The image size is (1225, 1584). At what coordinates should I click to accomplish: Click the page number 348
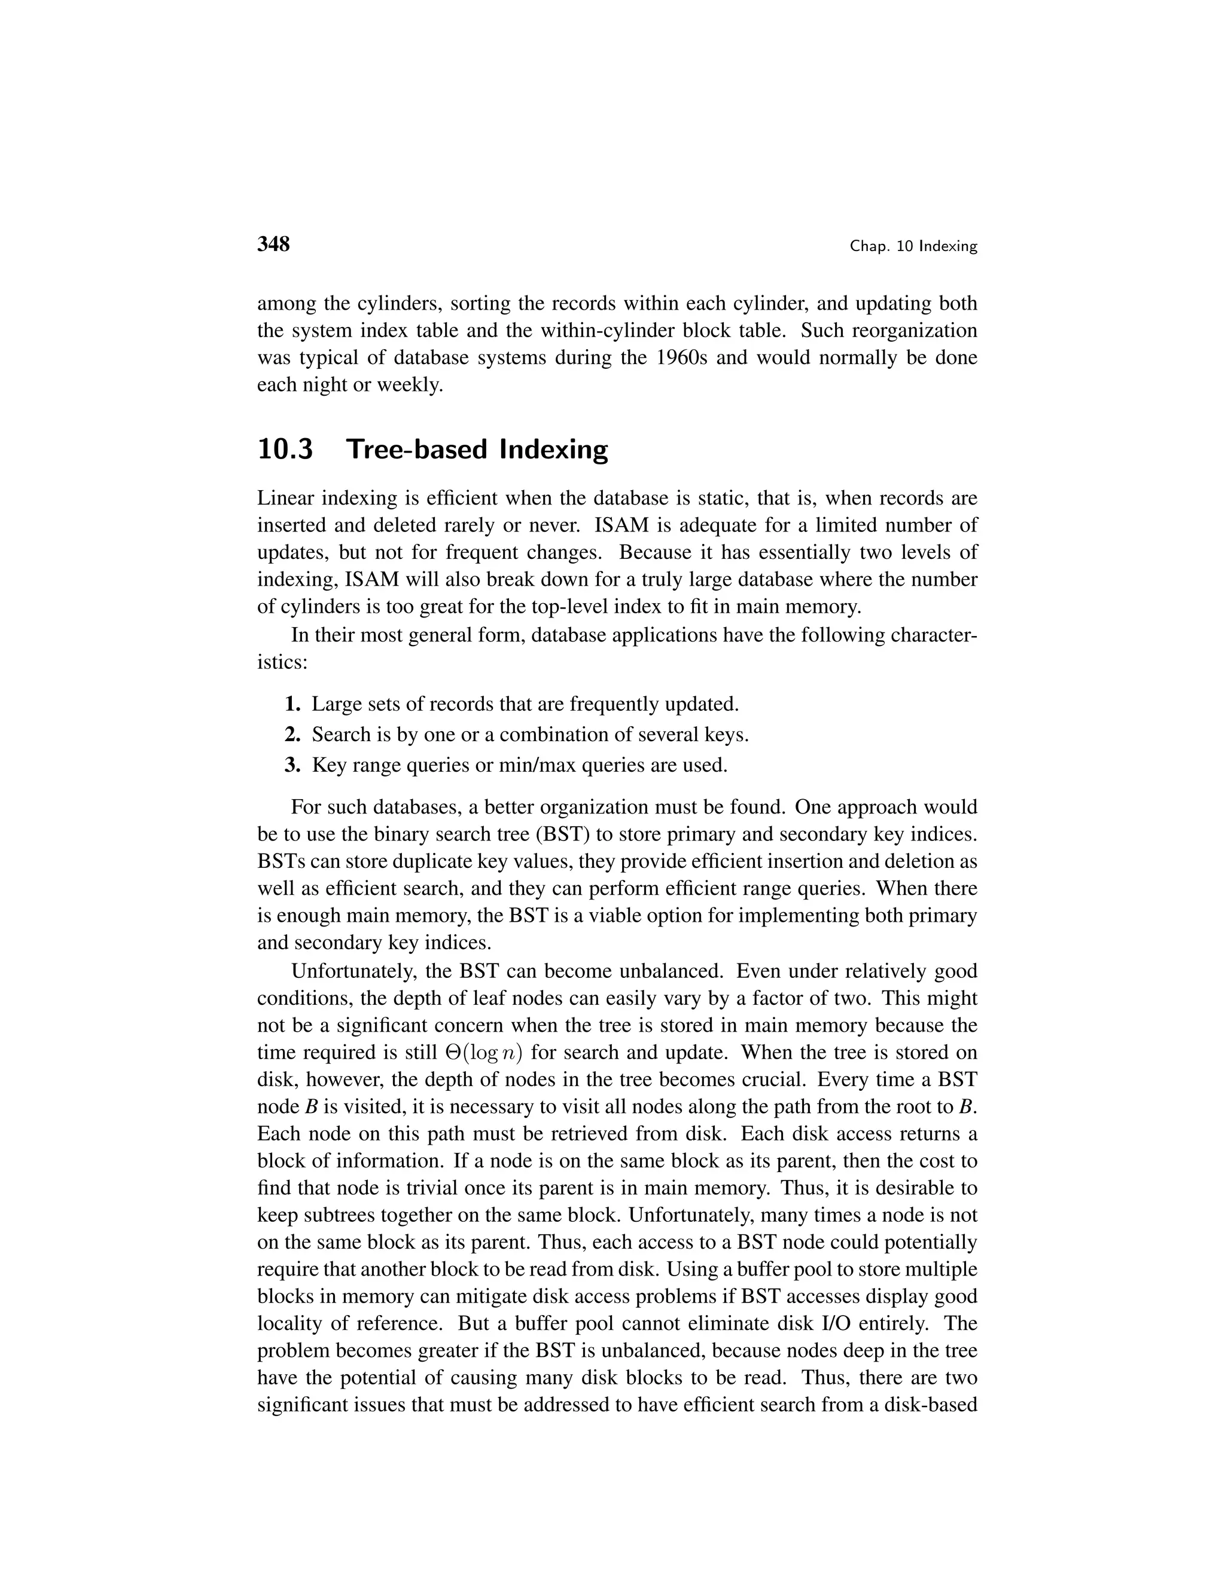[273, 244]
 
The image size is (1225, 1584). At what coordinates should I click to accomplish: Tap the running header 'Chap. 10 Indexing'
[914, 247]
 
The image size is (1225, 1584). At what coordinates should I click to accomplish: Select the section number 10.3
[285, 449]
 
